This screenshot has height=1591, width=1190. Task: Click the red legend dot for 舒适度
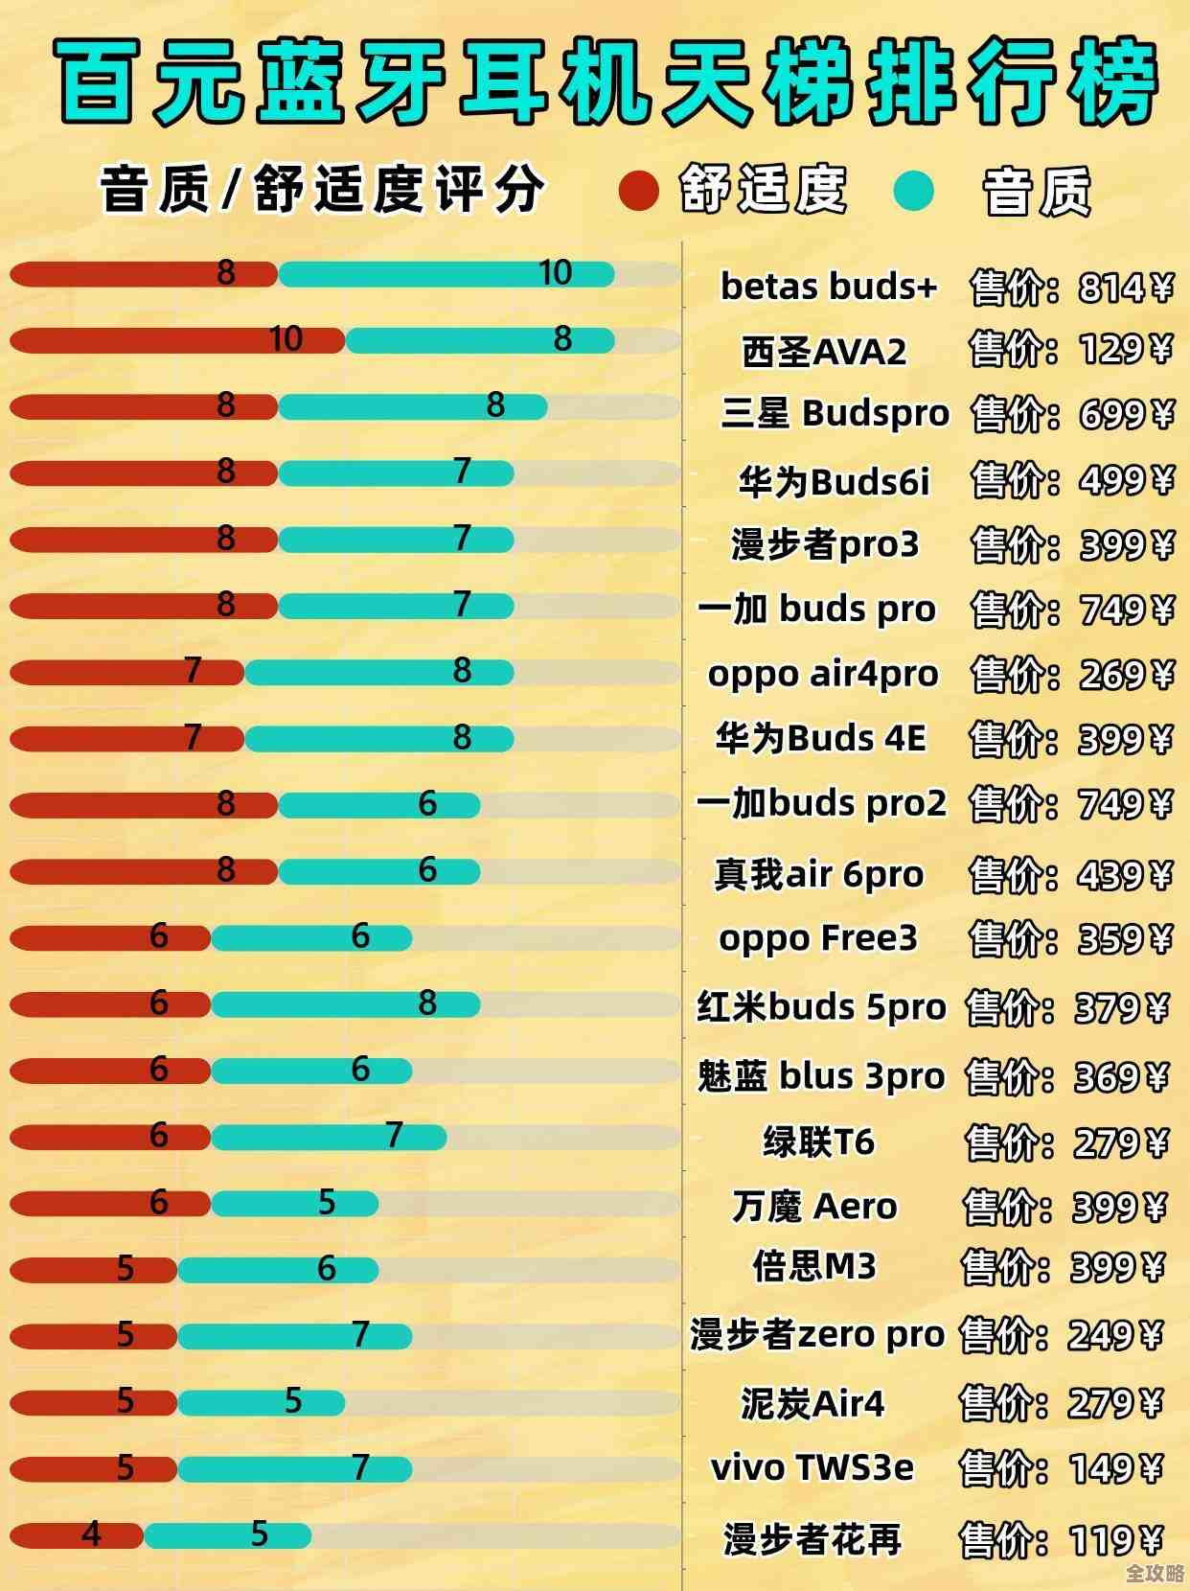pyautogui.click(x=638, y=189)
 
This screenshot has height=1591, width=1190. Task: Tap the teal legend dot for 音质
pyautogui.click(x=912, y=190)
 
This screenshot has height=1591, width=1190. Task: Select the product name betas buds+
pyautogui.click(x=829, y=286)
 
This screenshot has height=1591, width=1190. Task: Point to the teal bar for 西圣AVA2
pyautogui.click(x=479, y=340)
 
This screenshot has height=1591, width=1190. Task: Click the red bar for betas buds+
pyautogui.click(x=144, y=274)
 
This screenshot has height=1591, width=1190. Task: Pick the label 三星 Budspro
pyautogui.click(x=835, y=413)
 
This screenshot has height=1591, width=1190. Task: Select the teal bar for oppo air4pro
pyautogui.click(x=378, y=673)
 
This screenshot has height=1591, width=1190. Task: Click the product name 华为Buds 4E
pyautogui.click(x=821, y=738)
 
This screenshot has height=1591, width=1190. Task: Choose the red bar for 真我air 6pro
pyautogui.click(x=144, y=871)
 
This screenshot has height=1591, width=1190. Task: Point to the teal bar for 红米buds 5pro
pyautogui.click(x=345, y=1004)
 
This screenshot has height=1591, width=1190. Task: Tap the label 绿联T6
pyautogui.click(x=818, y=1141)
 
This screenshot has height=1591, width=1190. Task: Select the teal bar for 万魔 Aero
pyautogui.click(x=294, y=1204)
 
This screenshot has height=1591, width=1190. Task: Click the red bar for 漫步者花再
pyautogui.click(x=77, y=1535)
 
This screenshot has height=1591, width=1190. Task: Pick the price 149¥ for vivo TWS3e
pyautogui.click(x=1115, y=1468)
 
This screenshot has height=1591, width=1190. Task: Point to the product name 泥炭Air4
pyautogui.click(x=812, y=1403)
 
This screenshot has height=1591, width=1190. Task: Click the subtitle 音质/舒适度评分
pyautogui.click(x=322, y=189)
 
